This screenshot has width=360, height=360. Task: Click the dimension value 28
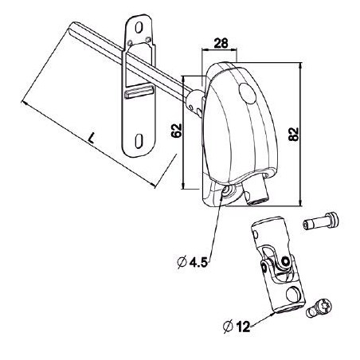pyautogui.click(x=221, y=43)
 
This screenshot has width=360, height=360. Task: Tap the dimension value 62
pyautogui.click(x=177, y=131)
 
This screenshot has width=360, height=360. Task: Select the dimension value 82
pyautogui.click(x=294, y=135)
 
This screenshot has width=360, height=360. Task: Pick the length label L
pyautogui.click(x=92, y=138)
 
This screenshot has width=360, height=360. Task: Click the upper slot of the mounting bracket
pyautogui.click(x=139, y=28)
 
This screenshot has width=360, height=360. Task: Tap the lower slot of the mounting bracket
pyautogui.click(x=139, y=140)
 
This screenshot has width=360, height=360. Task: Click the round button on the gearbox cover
pyautogui.click(x=248, y=93)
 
